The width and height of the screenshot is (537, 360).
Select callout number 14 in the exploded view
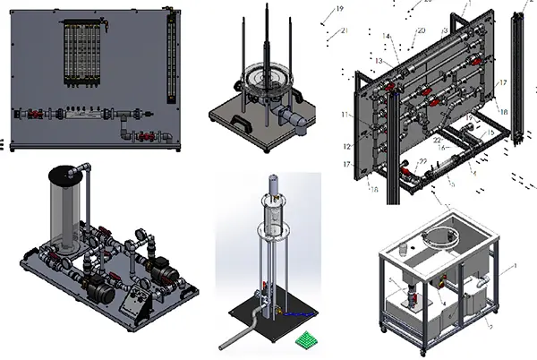point(386,37)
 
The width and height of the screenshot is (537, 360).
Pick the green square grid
point(307,339)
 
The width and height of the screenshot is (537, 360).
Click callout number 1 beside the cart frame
point(515,265)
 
